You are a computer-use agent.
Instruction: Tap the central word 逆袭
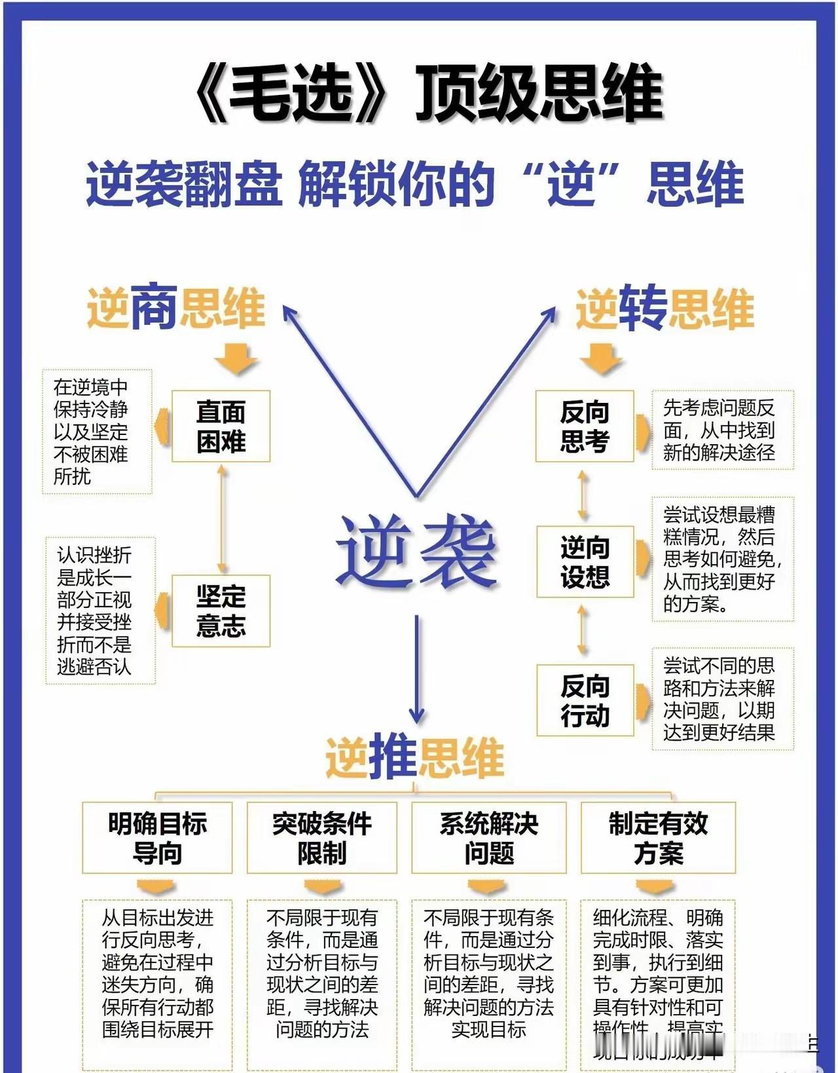[416, 550]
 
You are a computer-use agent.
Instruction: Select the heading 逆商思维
[175, 307]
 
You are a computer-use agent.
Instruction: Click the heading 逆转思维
[665, 307]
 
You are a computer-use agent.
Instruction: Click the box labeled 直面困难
[221, 426]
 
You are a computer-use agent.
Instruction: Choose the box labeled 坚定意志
[221, 611]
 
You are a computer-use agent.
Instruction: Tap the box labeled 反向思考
[585, 426]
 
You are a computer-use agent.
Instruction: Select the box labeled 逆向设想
[585, 561]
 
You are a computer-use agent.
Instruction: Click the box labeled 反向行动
[585, 700]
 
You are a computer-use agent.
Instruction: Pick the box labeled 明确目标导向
[157, 838]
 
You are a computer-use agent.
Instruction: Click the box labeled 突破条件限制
[322, 838]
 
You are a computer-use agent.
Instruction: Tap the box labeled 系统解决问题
[488, 838]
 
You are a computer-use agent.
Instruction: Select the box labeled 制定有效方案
[658, 838]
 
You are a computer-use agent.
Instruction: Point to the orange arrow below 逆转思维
[600, 358]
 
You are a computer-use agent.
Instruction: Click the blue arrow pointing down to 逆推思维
[416, 668]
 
